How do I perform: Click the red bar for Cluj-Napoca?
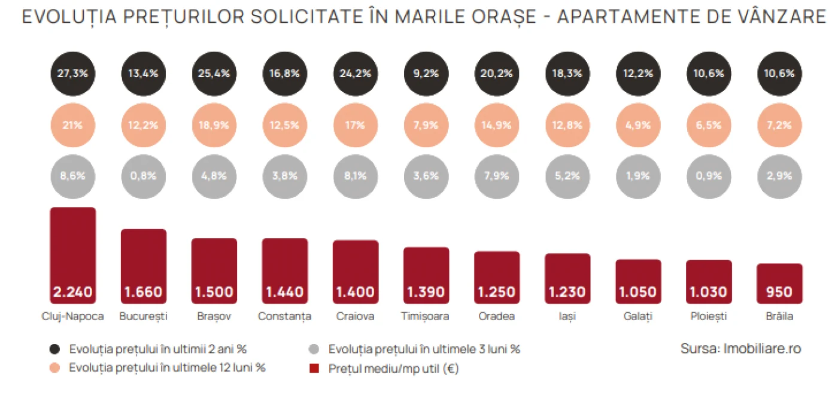73,255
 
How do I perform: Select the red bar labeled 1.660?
144,266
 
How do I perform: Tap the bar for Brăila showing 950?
779,284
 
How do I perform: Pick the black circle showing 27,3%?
73,74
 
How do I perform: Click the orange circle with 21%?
73,125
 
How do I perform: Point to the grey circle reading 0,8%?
144,176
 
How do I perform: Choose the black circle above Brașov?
214,74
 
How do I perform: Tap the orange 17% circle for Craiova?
356,125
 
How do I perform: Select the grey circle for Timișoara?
426,176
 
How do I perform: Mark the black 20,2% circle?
497,74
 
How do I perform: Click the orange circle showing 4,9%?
638,125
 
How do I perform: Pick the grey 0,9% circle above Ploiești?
709,176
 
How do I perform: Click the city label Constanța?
285,316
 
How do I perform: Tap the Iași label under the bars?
567,316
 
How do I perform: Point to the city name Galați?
638,316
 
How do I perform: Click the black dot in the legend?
54,349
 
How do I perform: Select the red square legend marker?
314,369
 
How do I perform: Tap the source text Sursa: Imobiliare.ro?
741,349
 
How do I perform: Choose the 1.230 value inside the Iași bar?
567,292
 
